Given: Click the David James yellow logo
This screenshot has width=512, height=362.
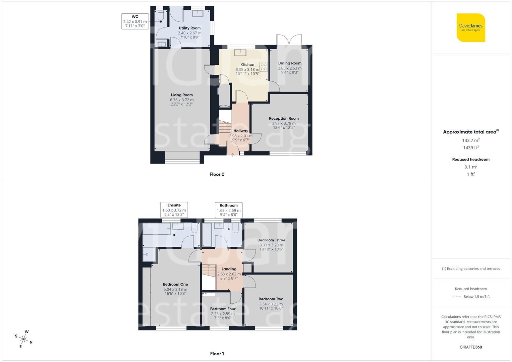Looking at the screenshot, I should point(471,27).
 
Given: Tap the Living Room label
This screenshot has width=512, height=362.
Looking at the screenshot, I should point(182,95).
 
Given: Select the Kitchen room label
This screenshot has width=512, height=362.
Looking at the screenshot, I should point(247,65).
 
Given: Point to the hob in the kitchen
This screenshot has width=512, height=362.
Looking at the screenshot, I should point(264,67).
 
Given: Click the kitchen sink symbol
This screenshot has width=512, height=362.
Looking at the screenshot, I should point(240,52).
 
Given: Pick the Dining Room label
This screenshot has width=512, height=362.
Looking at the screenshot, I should point(290,63).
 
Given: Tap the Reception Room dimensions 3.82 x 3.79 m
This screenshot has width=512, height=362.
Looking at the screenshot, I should point(284,123).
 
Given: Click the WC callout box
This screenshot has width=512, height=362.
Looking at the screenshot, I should point(135,21).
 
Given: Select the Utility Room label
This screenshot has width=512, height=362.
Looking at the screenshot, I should point(189,28).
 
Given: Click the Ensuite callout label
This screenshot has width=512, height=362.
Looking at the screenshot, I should point(174,205).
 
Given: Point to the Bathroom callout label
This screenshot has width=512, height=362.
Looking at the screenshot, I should point(229,205).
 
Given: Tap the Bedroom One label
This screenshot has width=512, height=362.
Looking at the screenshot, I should point(175,284).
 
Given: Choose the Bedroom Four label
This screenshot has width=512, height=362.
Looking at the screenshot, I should point(223,309).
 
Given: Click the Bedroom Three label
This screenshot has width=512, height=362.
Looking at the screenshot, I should point(271,240).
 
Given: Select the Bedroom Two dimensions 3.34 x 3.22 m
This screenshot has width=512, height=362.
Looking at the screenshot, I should point(271,304).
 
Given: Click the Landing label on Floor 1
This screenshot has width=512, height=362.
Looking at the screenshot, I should point(229,269).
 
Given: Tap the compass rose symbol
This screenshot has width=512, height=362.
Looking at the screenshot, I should point(24,339).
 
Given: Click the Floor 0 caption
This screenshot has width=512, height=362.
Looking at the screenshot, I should point(217,174).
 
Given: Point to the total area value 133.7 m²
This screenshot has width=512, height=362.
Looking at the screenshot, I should point(471,140).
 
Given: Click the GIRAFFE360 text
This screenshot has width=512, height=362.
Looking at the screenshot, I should point(471,347).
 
